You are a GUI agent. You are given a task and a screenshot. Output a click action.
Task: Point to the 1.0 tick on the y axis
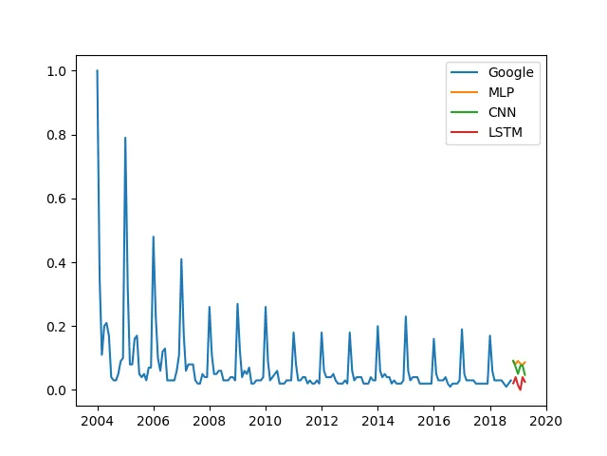point(57,71)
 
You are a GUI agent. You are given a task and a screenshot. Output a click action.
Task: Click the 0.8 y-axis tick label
point(57,135)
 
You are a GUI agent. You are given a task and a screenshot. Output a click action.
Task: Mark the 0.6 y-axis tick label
point(57,199)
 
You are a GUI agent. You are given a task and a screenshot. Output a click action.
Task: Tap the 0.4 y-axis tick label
point(57,262)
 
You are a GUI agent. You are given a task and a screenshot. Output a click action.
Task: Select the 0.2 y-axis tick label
point(57,326)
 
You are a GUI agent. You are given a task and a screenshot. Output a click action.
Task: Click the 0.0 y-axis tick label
point(57,390)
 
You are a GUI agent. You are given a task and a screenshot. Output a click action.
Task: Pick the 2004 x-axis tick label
point(97,418)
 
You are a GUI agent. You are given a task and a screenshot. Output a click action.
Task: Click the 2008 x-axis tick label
point(210,418)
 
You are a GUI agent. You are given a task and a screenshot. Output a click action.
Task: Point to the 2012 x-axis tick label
point(322,418)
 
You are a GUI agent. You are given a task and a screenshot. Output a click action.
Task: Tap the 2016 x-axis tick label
point(433,418)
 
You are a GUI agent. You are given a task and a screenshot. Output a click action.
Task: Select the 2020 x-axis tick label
point(546,418)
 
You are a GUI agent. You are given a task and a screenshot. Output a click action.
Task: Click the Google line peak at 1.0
point(97,71)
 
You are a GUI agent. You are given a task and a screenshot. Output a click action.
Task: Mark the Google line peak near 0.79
point(125,139)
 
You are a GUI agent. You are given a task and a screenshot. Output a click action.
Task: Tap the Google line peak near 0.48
point(153,237)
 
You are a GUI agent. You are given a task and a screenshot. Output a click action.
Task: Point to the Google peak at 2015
point(405,317)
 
